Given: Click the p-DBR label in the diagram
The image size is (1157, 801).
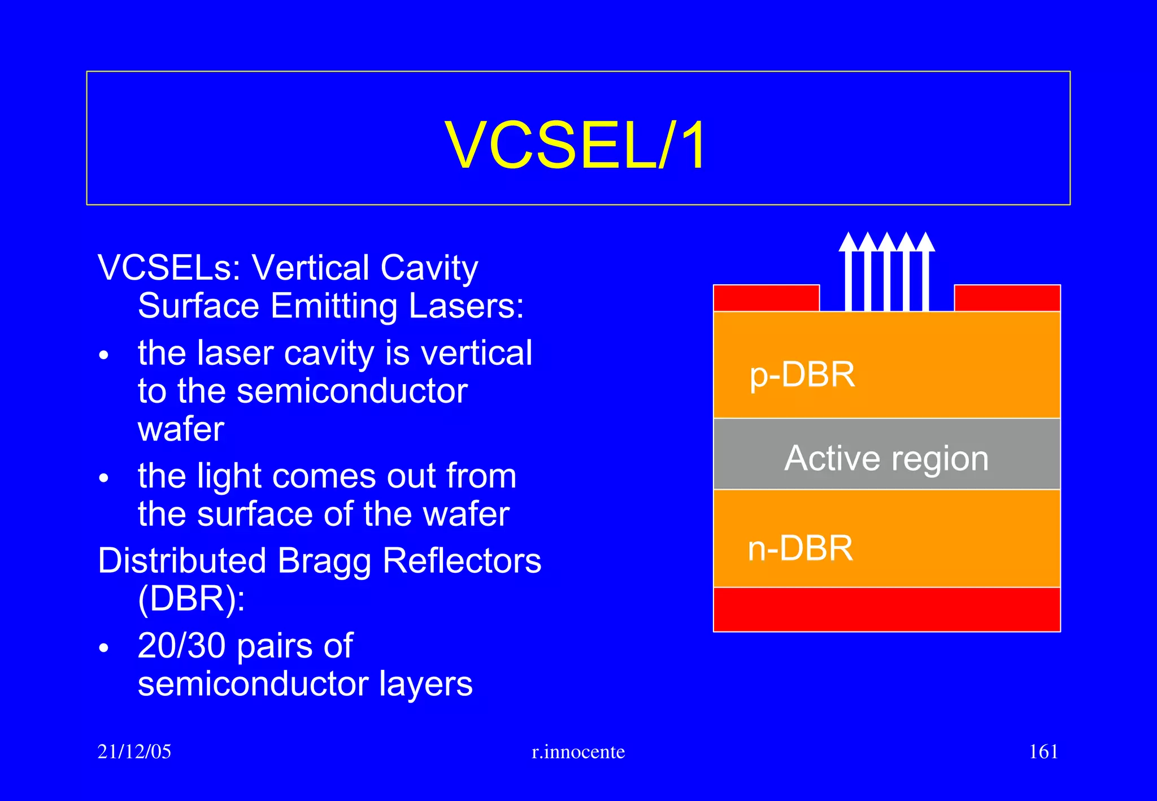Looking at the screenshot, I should coord(802,375).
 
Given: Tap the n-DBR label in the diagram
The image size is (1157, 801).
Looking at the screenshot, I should coord(800,548).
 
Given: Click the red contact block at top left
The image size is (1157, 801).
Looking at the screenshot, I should coord(766,298).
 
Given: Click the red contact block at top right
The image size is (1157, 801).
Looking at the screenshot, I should coord(1007,298).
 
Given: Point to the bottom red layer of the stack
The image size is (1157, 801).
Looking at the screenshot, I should coord(886,609).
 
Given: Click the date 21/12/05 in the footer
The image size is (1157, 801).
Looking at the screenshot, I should coord(134,751).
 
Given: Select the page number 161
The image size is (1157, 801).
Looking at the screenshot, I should coord(1043,751).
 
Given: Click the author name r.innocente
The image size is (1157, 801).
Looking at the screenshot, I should coord(578,752).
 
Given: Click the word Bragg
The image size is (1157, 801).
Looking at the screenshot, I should coord(324,561).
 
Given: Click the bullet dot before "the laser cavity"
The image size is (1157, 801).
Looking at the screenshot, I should coord(103,356).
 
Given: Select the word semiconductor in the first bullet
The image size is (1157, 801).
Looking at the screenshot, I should coord(351,391).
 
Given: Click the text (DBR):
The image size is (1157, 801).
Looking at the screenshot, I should coord(191,599).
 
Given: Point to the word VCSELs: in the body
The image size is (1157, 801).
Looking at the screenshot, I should coord(169,267).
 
